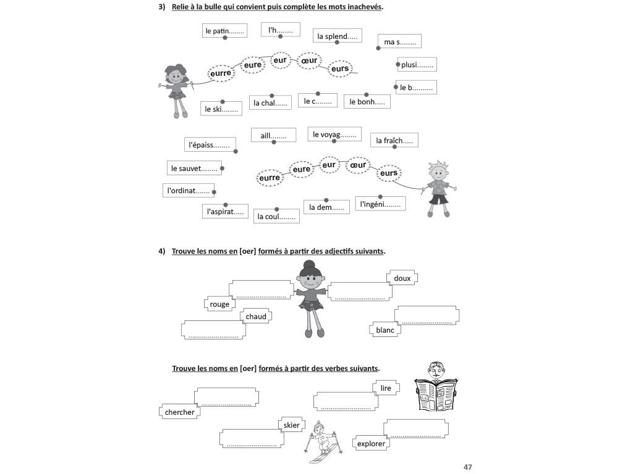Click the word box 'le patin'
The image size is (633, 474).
click(x=225, y=30)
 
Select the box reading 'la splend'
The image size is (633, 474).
click(x=337, y=36)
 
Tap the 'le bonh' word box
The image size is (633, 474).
click(x=367, y=102)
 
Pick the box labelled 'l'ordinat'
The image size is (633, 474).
click(x=189, y=191)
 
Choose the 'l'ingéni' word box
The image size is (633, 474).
click(x=381, y=203)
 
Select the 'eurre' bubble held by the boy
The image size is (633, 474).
click(x=270, y=178)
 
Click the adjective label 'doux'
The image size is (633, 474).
click(x=402, y=278)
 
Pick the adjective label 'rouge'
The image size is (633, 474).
click(x=219, y=304)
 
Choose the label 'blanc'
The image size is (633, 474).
click(x=385, y=330)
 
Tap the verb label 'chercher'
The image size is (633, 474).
click(x=180, y=412)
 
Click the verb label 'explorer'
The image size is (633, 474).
click(x=371, y=443)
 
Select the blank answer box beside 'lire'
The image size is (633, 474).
click(x=345, y=402)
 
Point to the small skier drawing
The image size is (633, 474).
click(x=322, y=444)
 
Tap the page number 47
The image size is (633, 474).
click(x=468, y=466)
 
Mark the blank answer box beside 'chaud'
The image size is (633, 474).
click(x=213, y=330)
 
